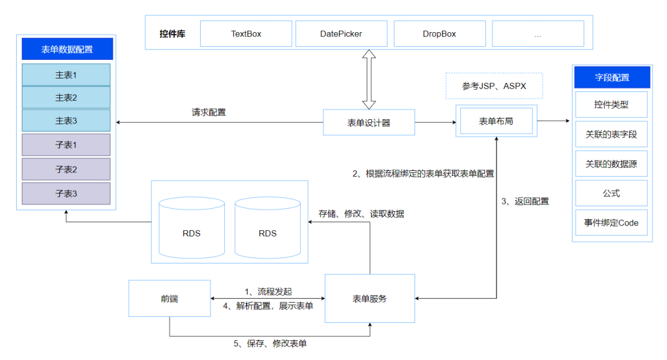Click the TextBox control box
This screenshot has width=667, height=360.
[x=246, y=34]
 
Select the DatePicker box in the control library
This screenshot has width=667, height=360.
[x=341, y=34]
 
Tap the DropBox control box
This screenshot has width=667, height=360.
[x=439, y=34]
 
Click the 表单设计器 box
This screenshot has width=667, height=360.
[x=369, y=122]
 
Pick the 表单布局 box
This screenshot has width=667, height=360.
[x=496, y=121]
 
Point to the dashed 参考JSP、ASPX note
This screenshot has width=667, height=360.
[x=493, y=86]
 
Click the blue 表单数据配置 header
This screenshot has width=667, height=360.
[x=67, y=49]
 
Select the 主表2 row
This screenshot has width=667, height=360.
[x=66, y=98]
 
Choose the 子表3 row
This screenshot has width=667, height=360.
[x=66, y=193]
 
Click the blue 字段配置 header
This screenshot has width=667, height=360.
[x=611, y=78]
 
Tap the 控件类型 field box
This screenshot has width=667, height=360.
[x=611, y=104]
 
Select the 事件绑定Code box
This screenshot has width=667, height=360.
[x=611, y=223]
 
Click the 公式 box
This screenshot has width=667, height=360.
[x=611, y=193]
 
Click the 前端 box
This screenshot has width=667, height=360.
[x=169, y=299]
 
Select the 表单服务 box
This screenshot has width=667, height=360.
[x=369, y=299]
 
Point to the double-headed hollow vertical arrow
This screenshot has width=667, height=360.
[x=369, y=80]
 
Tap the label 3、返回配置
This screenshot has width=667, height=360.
[x=525, y=201]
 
